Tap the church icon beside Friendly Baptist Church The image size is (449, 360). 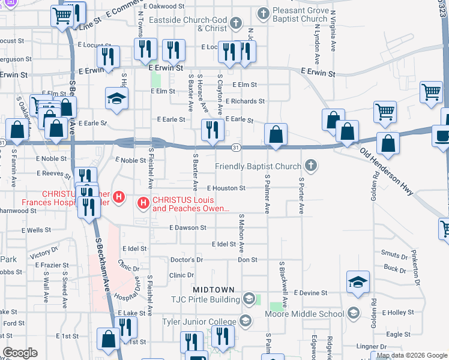(310, 165)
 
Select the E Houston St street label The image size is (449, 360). (226, 188)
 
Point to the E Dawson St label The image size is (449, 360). (187, 228)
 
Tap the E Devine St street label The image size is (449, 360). (310, 293)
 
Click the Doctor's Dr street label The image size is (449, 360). (187, 260)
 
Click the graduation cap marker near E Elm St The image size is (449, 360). (116, 99)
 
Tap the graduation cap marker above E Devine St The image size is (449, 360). (358, 283)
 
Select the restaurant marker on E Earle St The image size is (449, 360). (212, 131)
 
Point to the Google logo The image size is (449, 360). (19, 352)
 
